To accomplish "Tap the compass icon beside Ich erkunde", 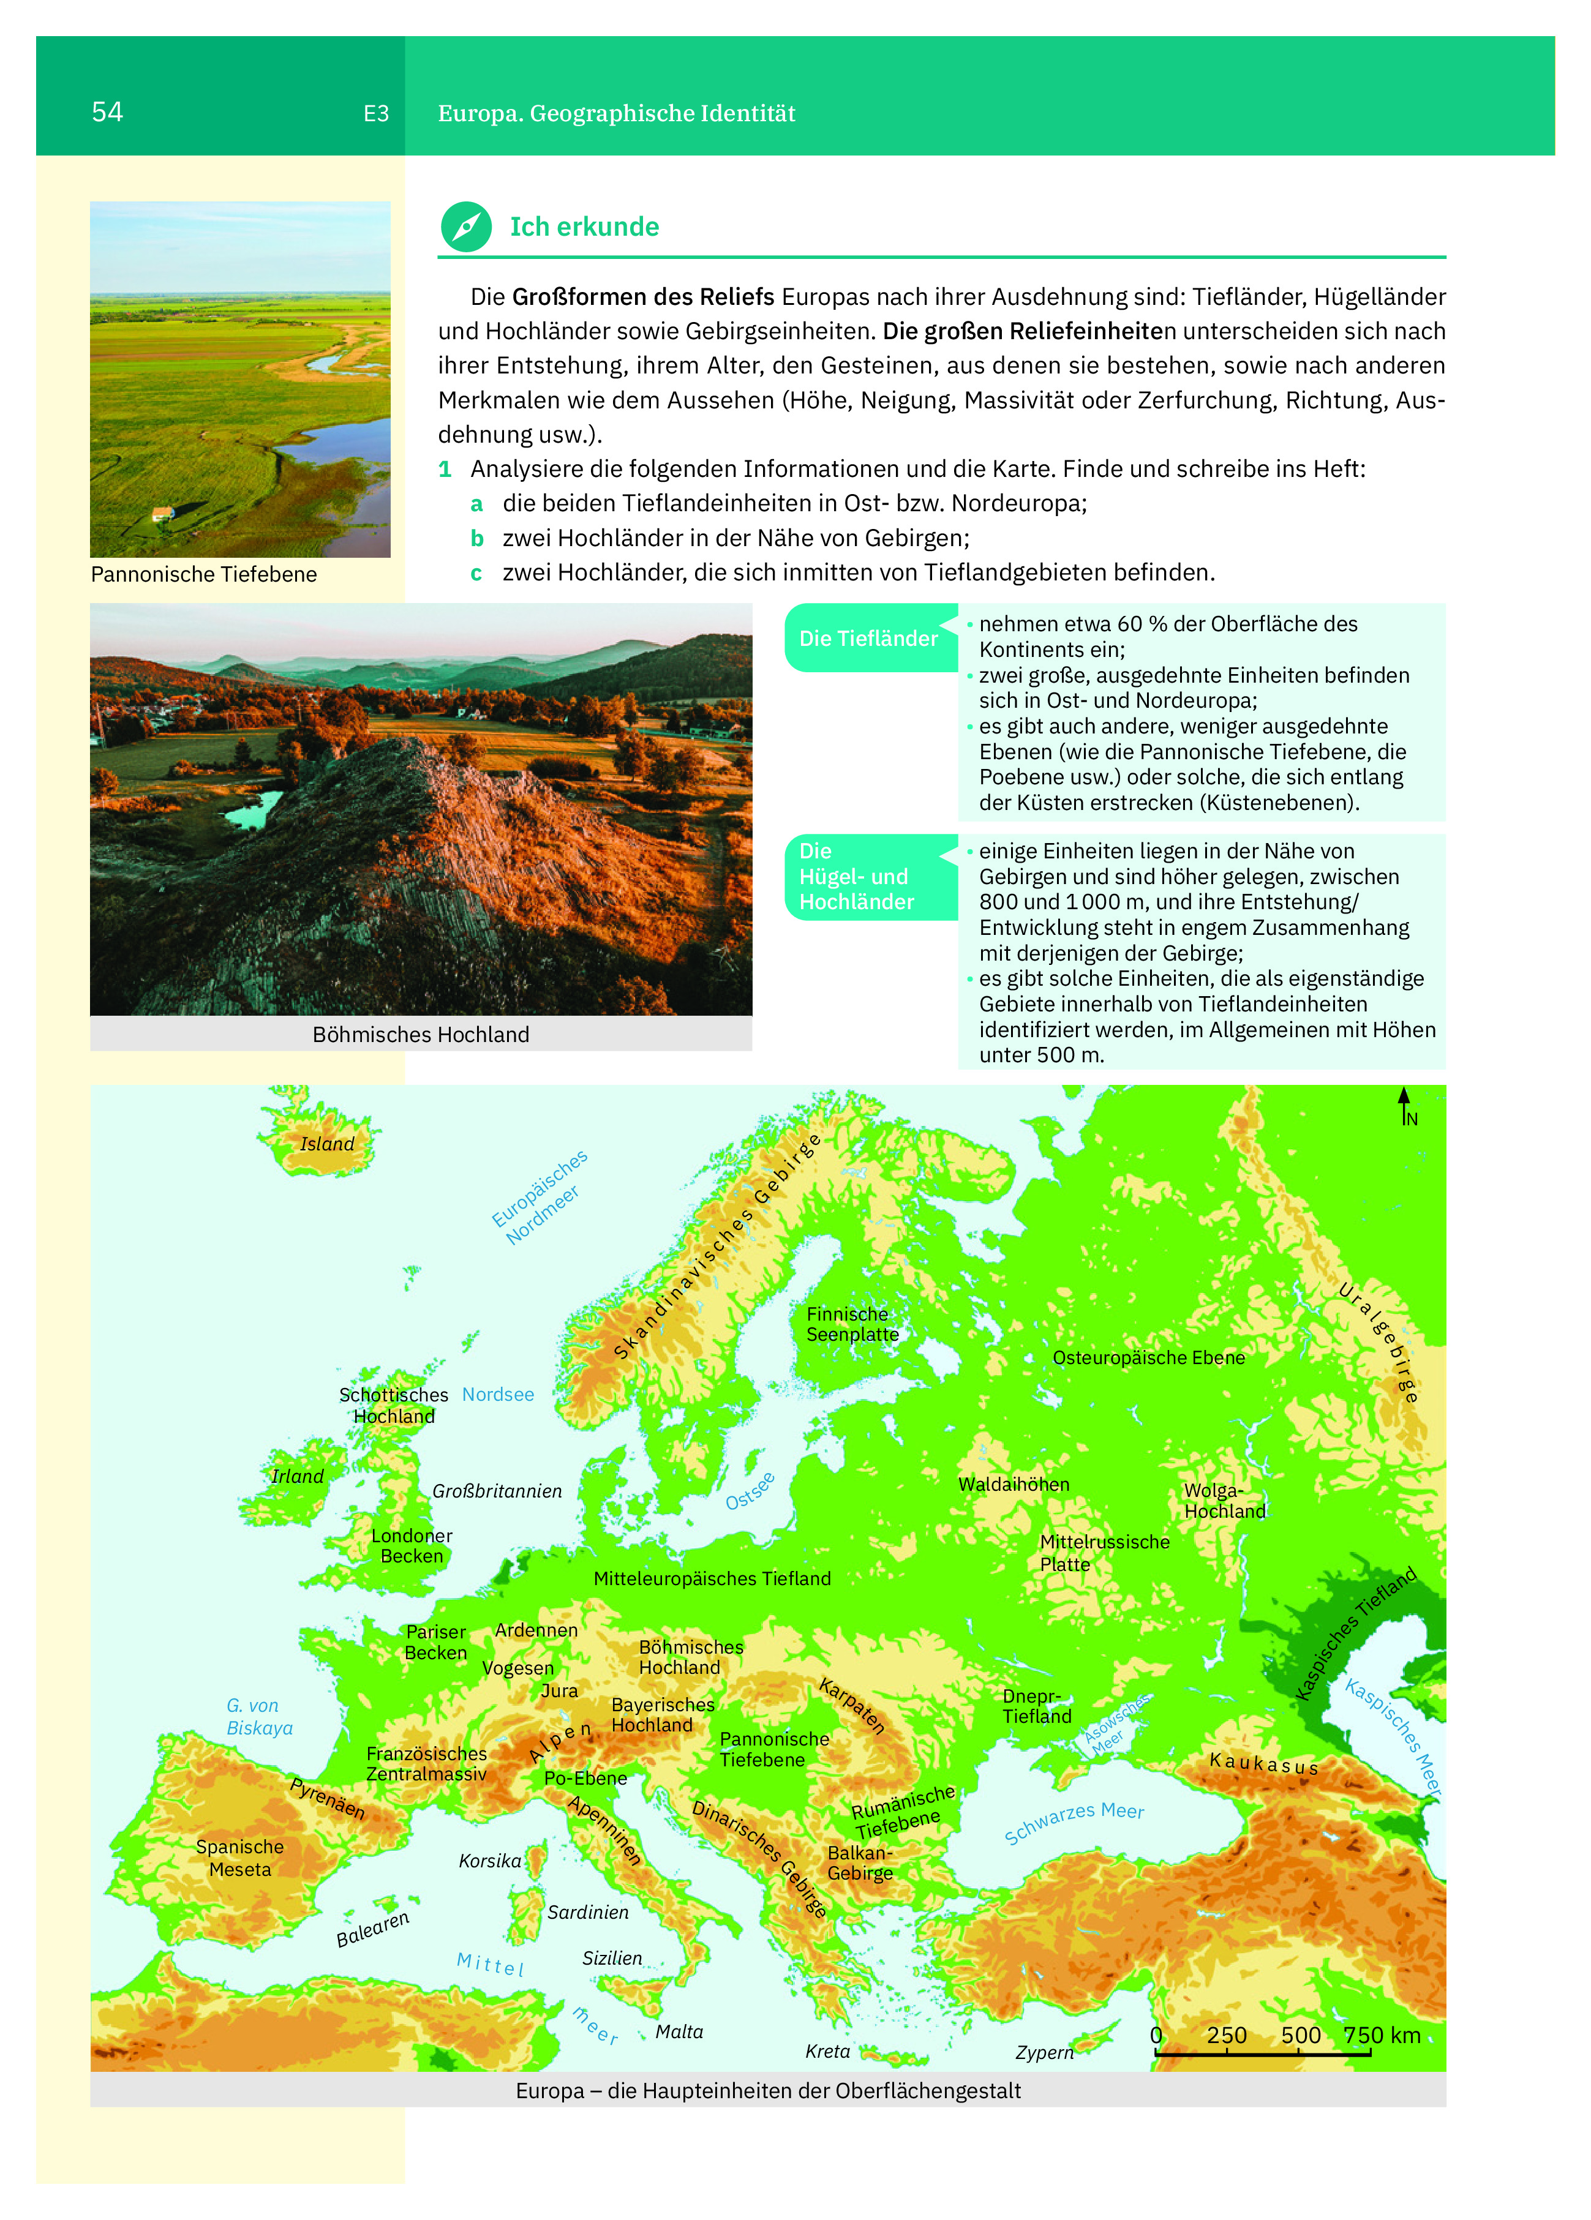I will pos(466,227).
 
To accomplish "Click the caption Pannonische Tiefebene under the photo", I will pos(204,574).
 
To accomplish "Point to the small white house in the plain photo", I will pos(162,513).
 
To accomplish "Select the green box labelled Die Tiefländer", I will pos(868,638).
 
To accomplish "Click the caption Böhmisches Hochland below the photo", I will pos(421,1035).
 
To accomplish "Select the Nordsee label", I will pos(498,1394).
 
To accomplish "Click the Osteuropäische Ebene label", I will pos(1148,1357).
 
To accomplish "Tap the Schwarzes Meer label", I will pos(1074,1823).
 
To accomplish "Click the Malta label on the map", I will pos(680,2031).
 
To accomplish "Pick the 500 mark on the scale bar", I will pos(1301,2035).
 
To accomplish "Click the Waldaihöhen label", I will pos(1014,1484).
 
